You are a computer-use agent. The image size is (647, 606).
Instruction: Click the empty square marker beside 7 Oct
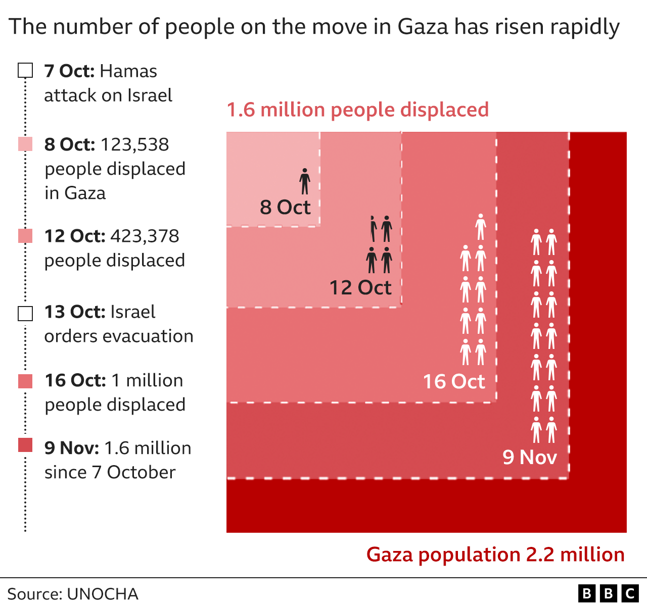click(x=25, y=71)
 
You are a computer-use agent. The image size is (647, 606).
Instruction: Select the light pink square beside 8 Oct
click(x=25, y=144)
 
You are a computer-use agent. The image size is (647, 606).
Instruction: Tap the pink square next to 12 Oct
click(x=25, y=236)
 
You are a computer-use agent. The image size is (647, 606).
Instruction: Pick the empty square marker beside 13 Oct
click(x=25, y=313)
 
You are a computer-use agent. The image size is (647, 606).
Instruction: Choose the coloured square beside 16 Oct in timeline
click(x=25, y=381)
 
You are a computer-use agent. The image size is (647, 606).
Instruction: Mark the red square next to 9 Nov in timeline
click(x=25, y=445)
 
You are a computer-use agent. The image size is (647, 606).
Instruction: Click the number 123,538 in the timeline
click(x=135, y=144)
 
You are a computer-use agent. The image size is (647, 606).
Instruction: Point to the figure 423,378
click(x=145, y=236)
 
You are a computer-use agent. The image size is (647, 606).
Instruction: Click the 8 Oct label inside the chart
click(x=285, y=208)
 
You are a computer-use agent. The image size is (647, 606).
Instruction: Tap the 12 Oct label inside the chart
click(x=360, y=288)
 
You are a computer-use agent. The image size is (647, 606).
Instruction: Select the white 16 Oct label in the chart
click(x=454, y=382)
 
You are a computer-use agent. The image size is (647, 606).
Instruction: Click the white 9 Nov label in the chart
click(x=529, y=458)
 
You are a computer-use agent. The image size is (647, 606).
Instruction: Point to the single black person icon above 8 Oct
click(x=305, y=181)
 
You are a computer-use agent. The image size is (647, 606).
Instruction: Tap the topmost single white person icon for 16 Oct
click(x=481, y=227)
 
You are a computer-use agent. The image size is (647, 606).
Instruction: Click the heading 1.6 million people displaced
click(x=358, y=110)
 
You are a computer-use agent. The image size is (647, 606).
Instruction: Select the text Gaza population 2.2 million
click(x=495, y=554)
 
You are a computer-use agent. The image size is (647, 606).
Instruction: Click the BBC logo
click(x=608, y=593)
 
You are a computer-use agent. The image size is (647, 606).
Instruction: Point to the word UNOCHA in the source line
click(x=103, y=594)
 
